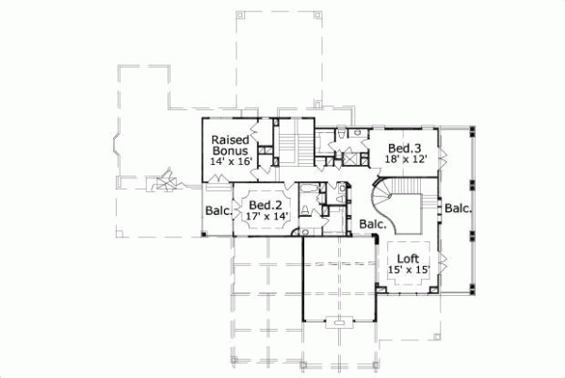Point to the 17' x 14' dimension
point(266,217)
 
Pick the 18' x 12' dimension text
point(406,160)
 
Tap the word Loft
point(409,257)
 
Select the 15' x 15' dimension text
point(409,271)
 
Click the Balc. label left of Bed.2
point(217,212)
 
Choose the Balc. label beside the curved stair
point(371,224)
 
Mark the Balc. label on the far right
point(459,208)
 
